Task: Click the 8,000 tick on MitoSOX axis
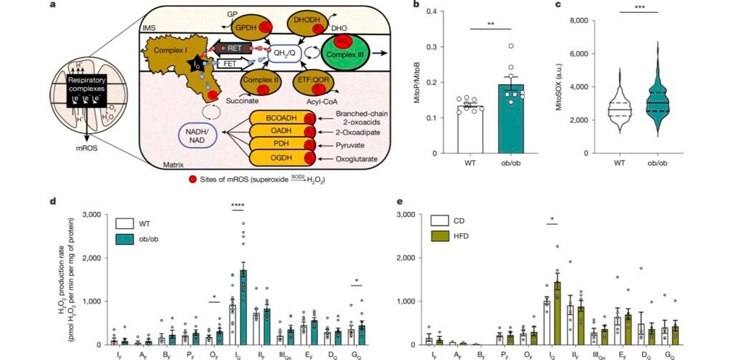(598, 21)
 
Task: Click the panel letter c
(581, 5)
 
